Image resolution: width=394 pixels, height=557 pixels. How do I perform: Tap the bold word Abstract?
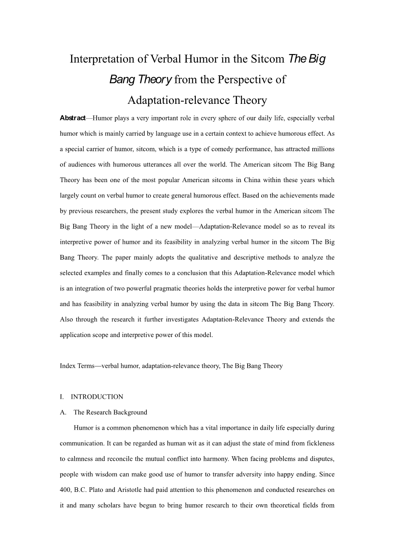72,118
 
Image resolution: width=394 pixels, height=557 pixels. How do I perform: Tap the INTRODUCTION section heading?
97,397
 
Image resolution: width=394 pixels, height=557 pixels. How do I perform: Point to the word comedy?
220,149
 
